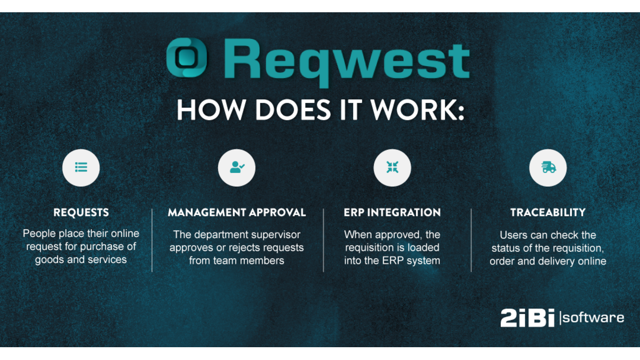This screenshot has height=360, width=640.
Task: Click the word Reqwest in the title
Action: point(346,60)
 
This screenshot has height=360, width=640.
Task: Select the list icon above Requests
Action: point(81,167)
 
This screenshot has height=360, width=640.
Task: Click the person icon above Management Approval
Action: point(237,167)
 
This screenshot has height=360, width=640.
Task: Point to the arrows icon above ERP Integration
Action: point(393,167)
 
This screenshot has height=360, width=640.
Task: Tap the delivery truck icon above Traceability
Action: point(548,167)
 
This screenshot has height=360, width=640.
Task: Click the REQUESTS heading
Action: point(81,213)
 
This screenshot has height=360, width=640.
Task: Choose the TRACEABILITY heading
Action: point(548,213)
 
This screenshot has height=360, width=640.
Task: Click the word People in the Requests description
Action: point(37,234)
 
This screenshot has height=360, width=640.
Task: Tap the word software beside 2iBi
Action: point(594,318)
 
